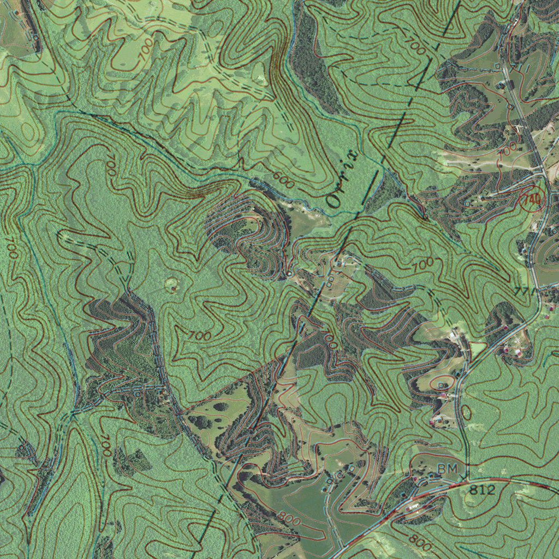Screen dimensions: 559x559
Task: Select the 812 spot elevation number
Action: pyautogui.click(x=482, y=490)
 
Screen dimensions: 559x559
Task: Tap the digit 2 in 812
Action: pyautogui.click(x=491, y=490)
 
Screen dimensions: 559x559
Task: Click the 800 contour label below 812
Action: pyautogui.click(x=420, y=542)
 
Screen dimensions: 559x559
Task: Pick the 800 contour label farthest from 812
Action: pyautogui.click(x=288, y=519)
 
